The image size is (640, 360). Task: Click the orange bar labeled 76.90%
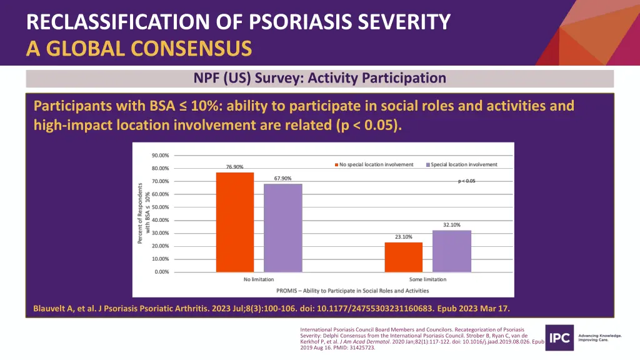[x=234, y=222]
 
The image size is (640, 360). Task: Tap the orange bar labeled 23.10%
[x=403, y=257]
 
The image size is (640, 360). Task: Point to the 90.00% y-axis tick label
[x=159, y=156]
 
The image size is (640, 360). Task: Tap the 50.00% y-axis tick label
[x=159, y=207]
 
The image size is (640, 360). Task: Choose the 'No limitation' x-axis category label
[x=259, y=279]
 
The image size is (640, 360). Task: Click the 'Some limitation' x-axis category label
[x=427, y=279]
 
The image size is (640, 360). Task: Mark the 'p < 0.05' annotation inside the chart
[x=467, y=181]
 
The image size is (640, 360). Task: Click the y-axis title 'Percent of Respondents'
[x=141, y=213]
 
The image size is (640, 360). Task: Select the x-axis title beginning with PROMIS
[x=344, y=291]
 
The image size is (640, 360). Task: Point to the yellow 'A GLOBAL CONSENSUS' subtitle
[x=139, y=47]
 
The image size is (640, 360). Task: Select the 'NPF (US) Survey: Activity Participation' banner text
[x=319, y=78]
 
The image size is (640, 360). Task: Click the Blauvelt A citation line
[x=271, y=308]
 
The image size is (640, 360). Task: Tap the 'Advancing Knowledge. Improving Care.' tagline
[x=601, y=338]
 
